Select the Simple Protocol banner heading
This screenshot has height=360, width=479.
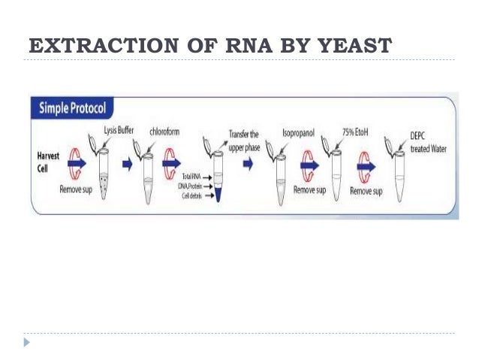click(x=74, y=108)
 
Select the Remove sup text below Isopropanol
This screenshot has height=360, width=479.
click(x=308, y=191)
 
